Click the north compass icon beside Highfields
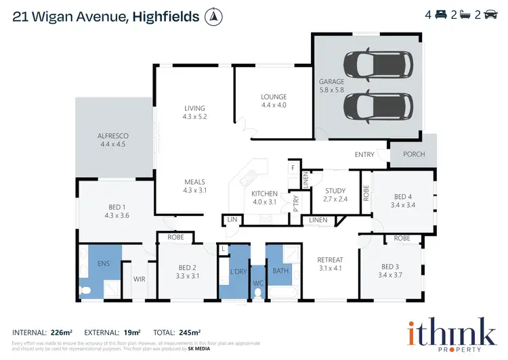(x=215, y=15)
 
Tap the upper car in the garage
(x=371, y=65)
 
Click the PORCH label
(x=414, y=154)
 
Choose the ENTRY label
(x=364, y=154)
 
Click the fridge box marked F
(x=293, y=167)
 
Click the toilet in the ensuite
(x=85, y=291)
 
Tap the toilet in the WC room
(x=258, y=293)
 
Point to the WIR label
(x=139, y=277)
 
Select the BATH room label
(x=280, y=271)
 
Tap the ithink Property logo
(x=450, y=334)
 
